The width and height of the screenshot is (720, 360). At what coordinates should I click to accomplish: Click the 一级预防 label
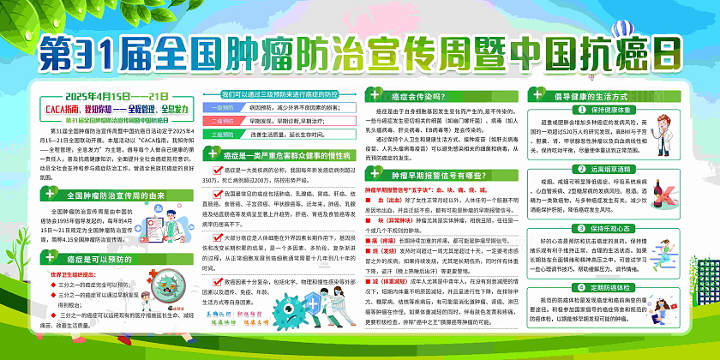coord(221,107)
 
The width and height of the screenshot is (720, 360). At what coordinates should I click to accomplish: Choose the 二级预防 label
coord(221,121)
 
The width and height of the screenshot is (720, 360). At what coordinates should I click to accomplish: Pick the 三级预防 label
coord(221,134)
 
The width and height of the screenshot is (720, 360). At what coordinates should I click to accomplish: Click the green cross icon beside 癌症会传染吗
coord(374,98)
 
